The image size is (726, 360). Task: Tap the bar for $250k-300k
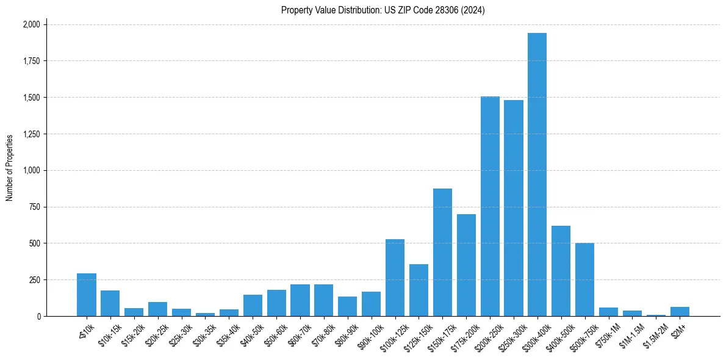[514, 208]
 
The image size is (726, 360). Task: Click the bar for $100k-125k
[395, 278]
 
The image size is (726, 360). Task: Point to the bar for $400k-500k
[561, 271]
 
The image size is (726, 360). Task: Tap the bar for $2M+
[680, 311]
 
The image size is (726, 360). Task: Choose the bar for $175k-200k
[466, 265]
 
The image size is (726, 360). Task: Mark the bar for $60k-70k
[300, 300]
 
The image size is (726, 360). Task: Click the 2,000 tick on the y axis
[31, 24]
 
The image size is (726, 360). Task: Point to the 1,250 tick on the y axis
[31, 134]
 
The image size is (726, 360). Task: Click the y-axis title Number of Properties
[10, 168]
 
